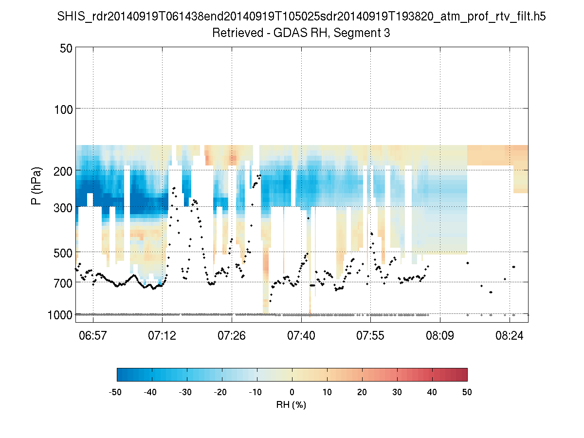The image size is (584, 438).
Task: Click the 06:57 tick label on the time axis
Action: [93, 335]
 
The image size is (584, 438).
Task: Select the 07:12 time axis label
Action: [163, 335]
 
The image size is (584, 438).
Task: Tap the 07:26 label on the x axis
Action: [232, 335]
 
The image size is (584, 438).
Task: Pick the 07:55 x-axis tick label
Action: [371, 335]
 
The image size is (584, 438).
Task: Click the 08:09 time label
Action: [440, 335]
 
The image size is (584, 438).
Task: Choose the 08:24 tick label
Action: [510, 335]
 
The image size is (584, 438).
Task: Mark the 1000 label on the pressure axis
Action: [61, 315]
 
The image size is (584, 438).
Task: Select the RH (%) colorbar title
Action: [291, 405]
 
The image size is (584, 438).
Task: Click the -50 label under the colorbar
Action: [115, 392]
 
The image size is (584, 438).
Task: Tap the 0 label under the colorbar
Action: [292, 392]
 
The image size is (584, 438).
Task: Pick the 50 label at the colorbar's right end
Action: [467, 392]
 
